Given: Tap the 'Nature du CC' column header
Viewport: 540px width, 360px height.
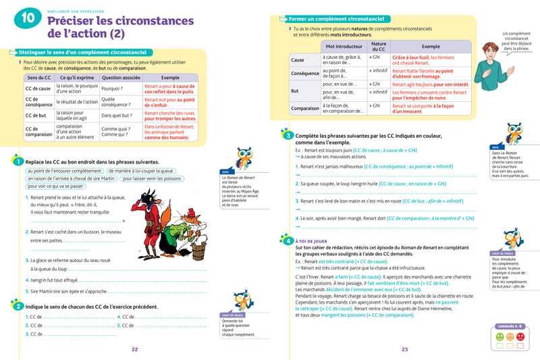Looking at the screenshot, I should (x=378, y=47).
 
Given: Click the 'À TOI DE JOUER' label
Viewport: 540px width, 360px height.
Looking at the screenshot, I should (x=312, y=240).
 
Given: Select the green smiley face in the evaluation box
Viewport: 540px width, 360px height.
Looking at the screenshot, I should (x=500, y=335).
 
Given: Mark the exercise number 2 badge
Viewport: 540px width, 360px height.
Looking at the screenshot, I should (x=16, y=307).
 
